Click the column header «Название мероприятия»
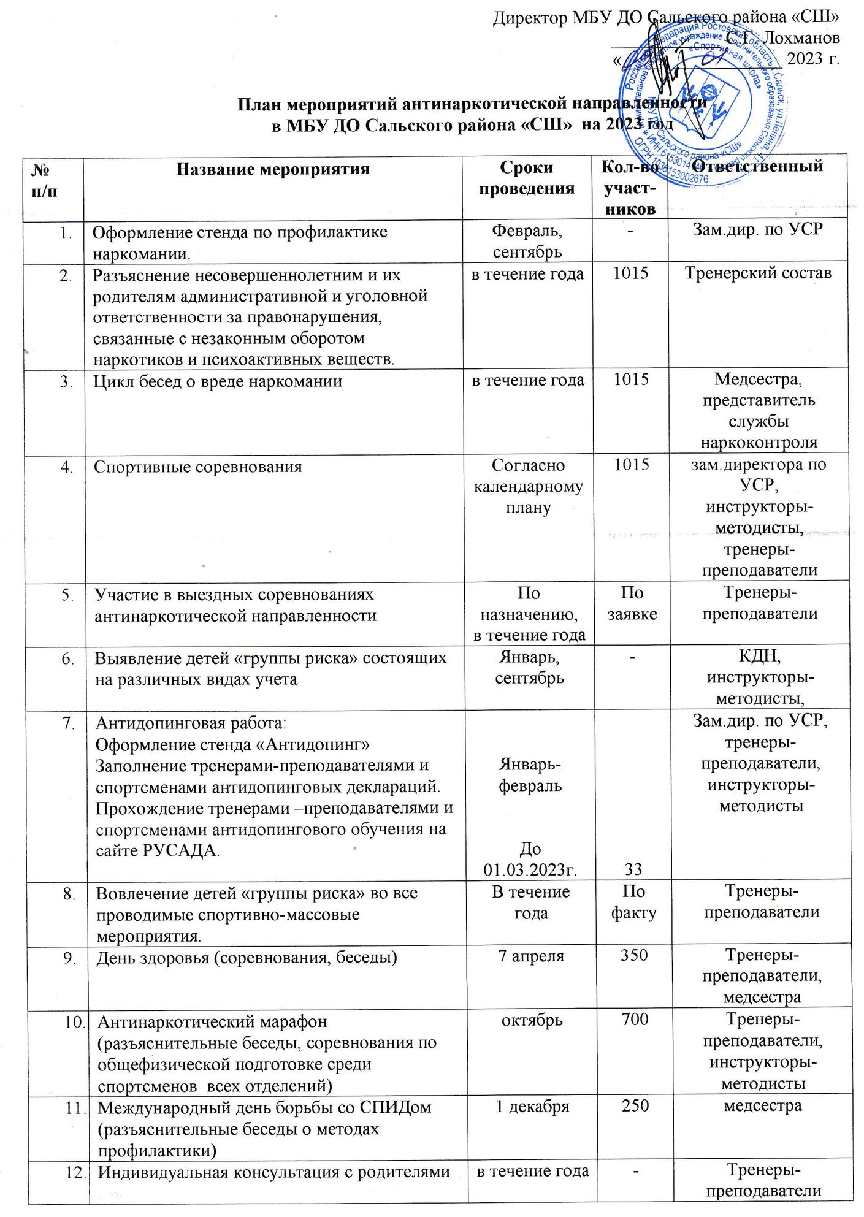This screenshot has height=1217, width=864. [x=273, y=169]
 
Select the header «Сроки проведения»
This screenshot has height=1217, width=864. [x=527, y=178]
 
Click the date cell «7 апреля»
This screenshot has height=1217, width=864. [x=530, y=956]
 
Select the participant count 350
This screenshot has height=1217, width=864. [x=634, y=955]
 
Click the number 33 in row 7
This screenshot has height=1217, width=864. [x=633, y=868]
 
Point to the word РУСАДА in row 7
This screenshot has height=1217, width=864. [x=178, y=850]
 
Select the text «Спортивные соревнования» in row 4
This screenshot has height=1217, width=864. [x=197, y=467]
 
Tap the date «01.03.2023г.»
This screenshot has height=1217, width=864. [x=530, y=869]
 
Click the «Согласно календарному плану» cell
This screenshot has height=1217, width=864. [x=529, y=486]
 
